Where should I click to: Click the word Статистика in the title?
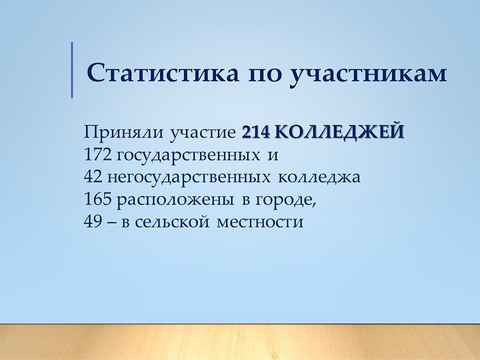pos(163,73)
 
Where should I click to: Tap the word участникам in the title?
pos(367,75)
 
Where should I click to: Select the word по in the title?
pos(264,75)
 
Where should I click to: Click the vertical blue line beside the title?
pos(72,70)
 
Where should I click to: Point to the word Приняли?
pos(124,132)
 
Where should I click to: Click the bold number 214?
pos(255,132)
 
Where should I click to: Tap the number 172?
pos(97,155)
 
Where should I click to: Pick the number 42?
pos(93,177)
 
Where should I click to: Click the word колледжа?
pos(319,177)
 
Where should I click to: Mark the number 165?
pos(97,199)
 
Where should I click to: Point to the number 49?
pos(93,221)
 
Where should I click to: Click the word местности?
pos(260,223)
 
